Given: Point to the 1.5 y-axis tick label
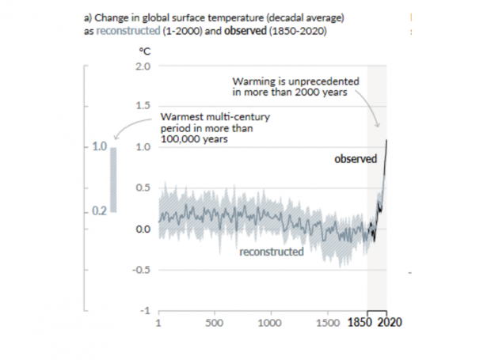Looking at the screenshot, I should click(x=143, y=106).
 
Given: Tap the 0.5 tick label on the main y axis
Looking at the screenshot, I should click(x=143, y=188).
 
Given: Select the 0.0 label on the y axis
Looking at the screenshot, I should click(x=143, y=229).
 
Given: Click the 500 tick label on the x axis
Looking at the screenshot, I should click(x=214, y=324).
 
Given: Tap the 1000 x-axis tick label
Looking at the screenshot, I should click(x=271, y=324).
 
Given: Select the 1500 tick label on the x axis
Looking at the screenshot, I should click(x=328, y=324).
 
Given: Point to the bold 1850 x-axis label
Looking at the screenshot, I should click(x=361, y=324).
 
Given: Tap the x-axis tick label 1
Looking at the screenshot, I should click(x=159, y=324).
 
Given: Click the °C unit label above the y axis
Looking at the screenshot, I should click(x=145, y=51).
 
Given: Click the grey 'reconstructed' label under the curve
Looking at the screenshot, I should click(x=272, y=252).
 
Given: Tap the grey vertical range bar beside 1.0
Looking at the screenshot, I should click(x=114, y=180).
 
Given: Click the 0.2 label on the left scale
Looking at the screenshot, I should click(x=98, y=211).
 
